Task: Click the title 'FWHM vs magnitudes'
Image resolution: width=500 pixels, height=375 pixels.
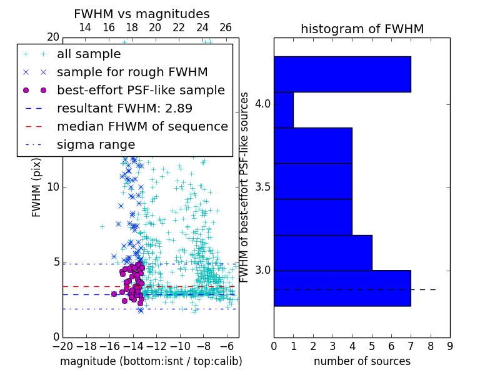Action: [142, 14]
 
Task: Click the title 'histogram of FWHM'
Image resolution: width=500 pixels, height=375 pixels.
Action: [362, 29]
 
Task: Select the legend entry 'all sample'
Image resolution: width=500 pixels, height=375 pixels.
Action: [88, 54]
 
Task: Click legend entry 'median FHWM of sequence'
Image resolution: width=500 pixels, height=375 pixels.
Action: [142, 127]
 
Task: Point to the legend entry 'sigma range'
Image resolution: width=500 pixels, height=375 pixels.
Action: [96, 145]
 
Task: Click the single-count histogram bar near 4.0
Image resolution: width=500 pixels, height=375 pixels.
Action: [284, 109]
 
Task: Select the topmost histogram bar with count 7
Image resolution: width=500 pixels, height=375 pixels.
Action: [342, 74]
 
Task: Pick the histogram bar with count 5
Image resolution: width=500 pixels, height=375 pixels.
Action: [322, 252]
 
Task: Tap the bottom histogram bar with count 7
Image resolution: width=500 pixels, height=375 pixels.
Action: [342, 288]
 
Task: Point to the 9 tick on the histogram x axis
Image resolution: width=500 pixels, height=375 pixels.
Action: [449, 346]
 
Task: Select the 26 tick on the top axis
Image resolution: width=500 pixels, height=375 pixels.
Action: [226, 28]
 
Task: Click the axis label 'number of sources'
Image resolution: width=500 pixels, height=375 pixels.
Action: [362, 361]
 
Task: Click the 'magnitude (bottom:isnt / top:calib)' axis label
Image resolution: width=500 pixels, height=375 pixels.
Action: [151, 361]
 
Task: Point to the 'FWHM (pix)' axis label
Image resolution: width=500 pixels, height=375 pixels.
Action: [37, 187]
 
